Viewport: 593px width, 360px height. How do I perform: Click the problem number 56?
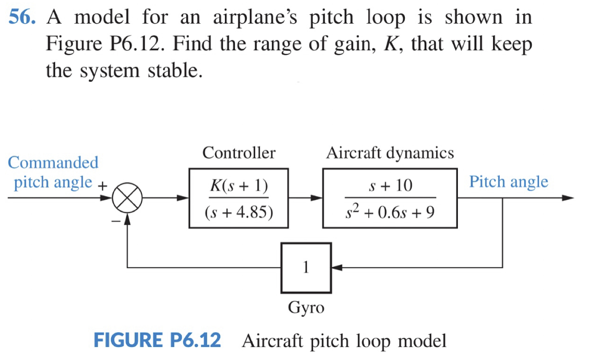click(x=22, y=17)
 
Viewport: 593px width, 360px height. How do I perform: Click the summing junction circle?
click(x=127, y=198)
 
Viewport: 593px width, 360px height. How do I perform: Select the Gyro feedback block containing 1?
click(x=306, y=268)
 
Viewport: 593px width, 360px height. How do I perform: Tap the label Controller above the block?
click(x=239, y=153)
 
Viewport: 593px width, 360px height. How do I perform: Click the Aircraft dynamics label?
click(x=390, y=153)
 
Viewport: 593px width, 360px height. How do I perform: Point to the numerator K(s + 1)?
click(x=239, y=186)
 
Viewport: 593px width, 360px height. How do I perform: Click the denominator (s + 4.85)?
click(x=239, y=212)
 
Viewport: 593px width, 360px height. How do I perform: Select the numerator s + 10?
click(x=390, y=186)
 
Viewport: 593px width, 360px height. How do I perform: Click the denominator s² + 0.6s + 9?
click(x=390, y=212)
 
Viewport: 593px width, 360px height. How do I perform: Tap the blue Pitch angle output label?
click(x=508, y=181)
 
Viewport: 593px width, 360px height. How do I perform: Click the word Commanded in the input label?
click(x=53, y=163)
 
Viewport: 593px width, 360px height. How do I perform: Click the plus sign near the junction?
click(x=103, y=186)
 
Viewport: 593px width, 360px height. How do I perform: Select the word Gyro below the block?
click(x=306, y=307)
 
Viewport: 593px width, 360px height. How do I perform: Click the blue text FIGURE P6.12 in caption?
click(x=157, y=340)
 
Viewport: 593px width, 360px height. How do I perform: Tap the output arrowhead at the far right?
click(x=568, y=198)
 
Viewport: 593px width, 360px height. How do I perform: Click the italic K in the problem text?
click(x=390, y=44)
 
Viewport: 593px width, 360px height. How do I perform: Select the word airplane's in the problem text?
click(x=255, y=17)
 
